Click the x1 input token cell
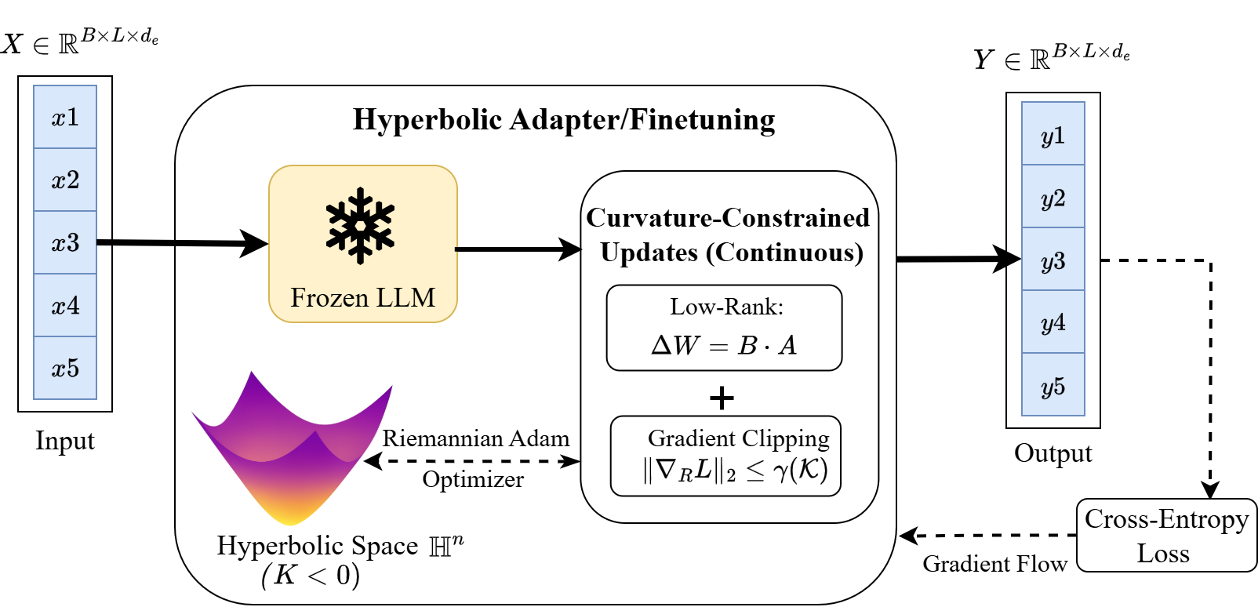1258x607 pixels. pos(65,117)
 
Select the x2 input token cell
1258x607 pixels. pos(65,180)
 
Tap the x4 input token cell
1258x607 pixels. pos(65,305)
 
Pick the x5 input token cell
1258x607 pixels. pos(65,368)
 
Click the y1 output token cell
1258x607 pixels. pos(1053,134)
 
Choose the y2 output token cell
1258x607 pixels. pos(1053,197)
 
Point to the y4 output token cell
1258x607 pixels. pos(1053,322)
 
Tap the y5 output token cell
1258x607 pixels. pos(1053,384)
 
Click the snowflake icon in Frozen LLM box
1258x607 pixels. pos(360,225)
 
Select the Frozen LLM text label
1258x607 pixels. pos(362,298)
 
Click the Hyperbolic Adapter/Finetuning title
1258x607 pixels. pos(564,120)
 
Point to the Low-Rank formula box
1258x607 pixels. pos(724,328)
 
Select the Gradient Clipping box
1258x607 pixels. pos(725,456)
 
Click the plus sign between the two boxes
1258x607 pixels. pos(722,398)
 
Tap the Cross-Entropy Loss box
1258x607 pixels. pos(1166,536)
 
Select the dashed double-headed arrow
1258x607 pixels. pos(472,461)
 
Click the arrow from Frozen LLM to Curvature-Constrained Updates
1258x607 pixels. pos(518,249)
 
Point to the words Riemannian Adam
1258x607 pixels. pos(475,438)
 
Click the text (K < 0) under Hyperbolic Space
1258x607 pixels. pos(311,575)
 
